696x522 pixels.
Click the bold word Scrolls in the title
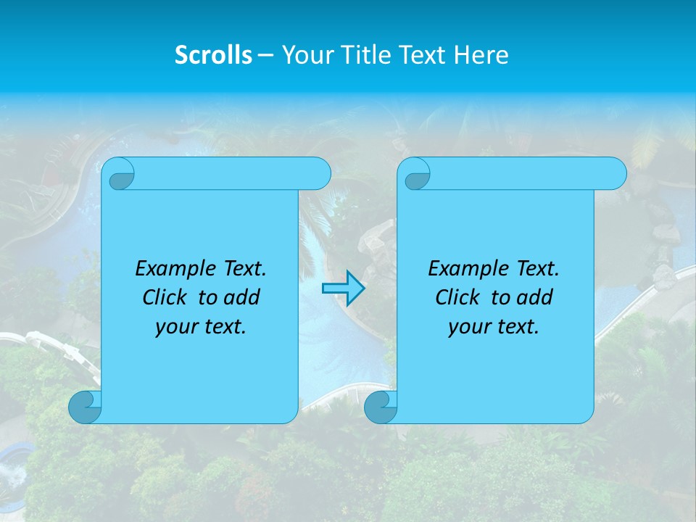(x=213, y=55)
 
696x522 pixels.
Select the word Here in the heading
(x=481, y=55)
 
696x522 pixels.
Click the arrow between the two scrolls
(x=343, y=289)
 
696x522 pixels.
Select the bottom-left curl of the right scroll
(x=381, y=407)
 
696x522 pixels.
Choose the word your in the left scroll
(x=173, y=328)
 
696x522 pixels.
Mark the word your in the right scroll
(x=466, y=328)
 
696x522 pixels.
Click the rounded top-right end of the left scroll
(x=320, y=174)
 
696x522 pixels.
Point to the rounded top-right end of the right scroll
(x=616, y=174)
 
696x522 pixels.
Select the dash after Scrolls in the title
(x=265, y=55)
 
